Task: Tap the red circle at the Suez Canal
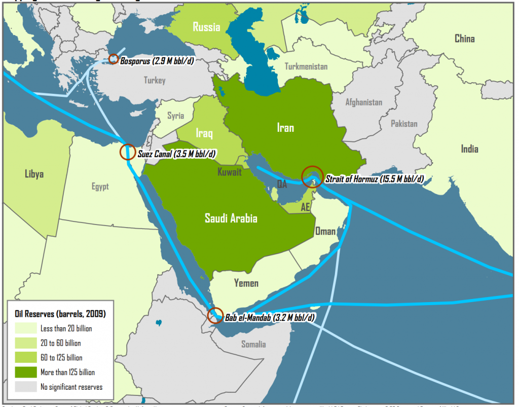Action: click(128, 152)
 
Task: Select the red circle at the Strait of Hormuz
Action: click(312, 176)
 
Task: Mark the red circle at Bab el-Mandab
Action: click(215, 315)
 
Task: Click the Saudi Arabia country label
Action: click(231, 218)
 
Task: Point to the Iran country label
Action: click(285, 128)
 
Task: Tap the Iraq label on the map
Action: click(204, 133)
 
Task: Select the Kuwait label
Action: click(230, 172)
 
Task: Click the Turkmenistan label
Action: click(306, 66)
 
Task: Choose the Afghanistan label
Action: click(363, 102)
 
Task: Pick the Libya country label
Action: click(34, 174)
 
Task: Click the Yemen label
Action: click(246, 283)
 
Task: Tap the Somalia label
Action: click(253, 344)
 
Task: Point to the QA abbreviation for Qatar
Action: click(282, 185)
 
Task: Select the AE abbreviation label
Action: click(305, 207)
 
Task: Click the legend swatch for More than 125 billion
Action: click(26, 372)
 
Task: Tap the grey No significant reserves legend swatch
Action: click(26, 387)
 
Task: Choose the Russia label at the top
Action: click(206, 26)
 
